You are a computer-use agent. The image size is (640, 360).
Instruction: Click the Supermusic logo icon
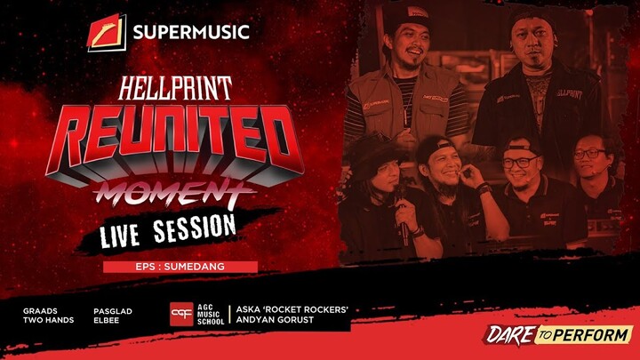107,33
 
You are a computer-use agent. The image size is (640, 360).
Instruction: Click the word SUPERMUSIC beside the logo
190,34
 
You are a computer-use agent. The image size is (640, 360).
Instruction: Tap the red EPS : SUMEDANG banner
180,267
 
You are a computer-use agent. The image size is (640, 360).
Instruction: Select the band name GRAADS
41,311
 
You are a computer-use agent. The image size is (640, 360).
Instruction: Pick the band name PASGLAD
112,311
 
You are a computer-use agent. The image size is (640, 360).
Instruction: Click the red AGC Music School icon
181,315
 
